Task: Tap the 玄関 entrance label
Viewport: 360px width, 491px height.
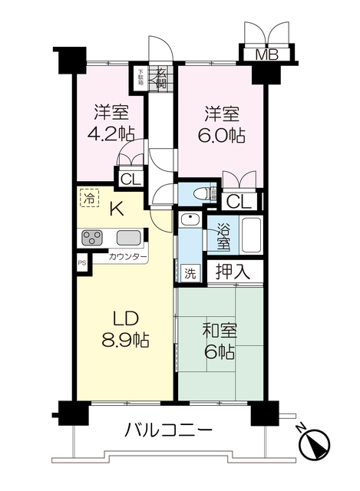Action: coord(161,77)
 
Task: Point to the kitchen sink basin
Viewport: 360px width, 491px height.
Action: coord(128,238)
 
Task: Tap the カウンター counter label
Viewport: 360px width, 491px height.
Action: coord(127,257)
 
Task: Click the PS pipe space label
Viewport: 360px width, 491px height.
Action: coord(82,262)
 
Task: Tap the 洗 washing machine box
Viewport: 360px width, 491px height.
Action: coord(190,272)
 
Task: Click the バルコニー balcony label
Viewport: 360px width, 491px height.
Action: coord(168,430)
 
